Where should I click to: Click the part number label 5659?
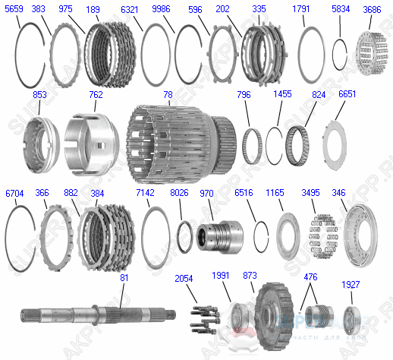14,9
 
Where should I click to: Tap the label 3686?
372,9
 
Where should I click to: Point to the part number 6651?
347,93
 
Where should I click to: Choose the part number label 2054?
185,278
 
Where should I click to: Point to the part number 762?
96,95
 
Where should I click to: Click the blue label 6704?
14,193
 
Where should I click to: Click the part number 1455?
283,94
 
